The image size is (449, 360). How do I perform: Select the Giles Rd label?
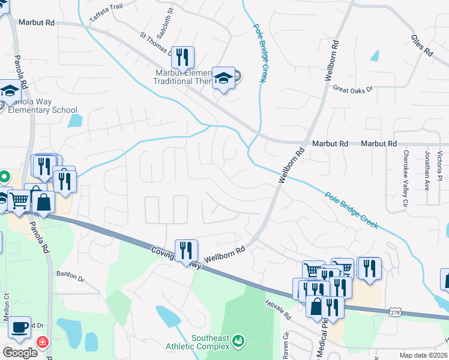(422, 45)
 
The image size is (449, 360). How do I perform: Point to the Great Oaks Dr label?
(353, 88)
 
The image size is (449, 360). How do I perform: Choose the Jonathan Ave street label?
(427, 172)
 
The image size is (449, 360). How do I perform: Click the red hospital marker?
(43, 343)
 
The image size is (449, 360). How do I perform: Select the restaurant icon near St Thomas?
(183, 57)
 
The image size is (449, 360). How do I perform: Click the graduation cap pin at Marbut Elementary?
(224, 77)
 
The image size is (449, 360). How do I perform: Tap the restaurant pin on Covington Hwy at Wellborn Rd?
(187, 250)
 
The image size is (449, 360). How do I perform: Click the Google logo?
(20, 353)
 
